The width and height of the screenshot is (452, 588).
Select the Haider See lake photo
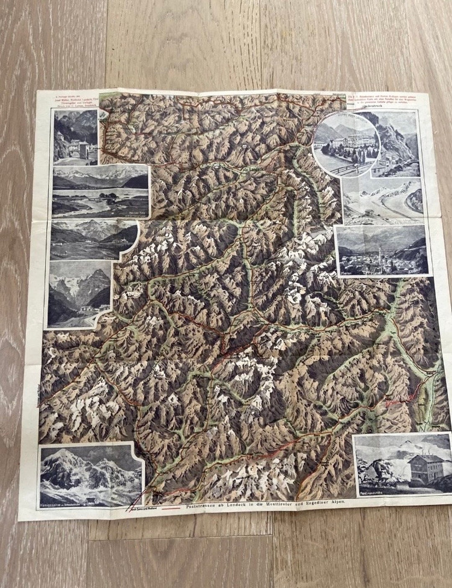[x=100, y=188]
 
